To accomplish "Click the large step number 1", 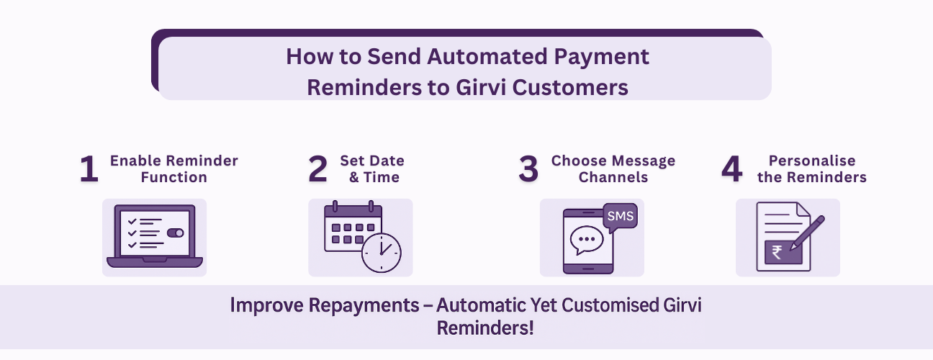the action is pyautogui.click(x=89, y=168).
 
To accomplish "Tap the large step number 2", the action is pyautogui.click(x=317, y=168).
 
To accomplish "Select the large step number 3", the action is pyautogui.click(x=528, y=168).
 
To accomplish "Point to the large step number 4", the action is pyautogui.click(x=732, y=168).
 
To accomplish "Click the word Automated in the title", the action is pyautogui.click(x=487, y=56).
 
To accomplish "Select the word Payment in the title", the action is pyautogui.click(x=601, y=57).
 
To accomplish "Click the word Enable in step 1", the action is pyautogui.click(x=135, y=161).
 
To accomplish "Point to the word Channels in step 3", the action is pyautogui.click(x=613, y=177).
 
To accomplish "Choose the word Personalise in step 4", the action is pyautogui.click(x=812, y=161).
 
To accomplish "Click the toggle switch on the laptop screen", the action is pyautogui.click(x=176, y=233).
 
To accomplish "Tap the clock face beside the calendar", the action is pyautogui.click(x=381, y=253).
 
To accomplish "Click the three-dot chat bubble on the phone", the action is pyautogui.click(x=587, y=240).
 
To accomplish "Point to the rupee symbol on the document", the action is pyautogui.click(x=777, y=252).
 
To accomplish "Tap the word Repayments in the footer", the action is pyautogui.click(x=364, y=305).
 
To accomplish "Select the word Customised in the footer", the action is pyautogui.click(x=610, y=305).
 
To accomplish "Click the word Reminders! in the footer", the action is pyautogui.click(x=485, y=328).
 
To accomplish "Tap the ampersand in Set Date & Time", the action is pyautogui.click(x=354, y=177).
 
